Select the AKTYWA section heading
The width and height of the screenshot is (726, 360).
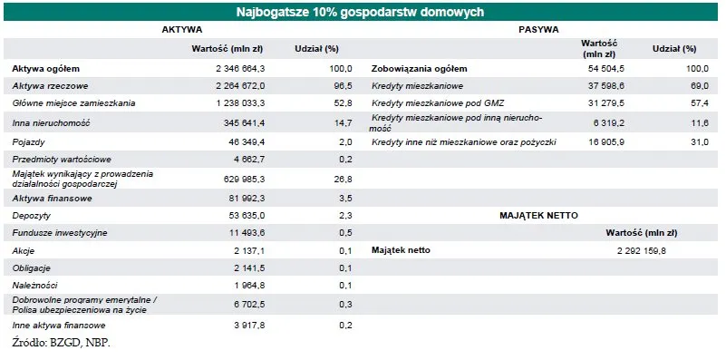[x=181, y=30]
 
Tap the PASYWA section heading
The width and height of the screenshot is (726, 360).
[x=538, y=30]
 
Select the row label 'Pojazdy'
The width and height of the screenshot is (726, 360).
[x=29, y=142]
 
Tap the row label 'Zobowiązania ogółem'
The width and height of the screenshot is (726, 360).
[x=420, y=69]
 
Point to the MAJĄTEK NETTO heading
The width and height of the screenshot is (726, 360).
[x=538, y=215]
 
